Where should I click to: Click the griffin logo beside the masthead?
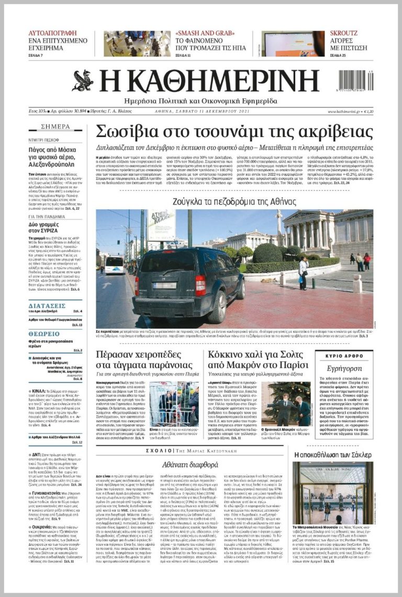[x=83, y=81]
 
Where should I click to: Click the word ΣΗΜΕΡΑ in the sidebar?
[x=55, y=127]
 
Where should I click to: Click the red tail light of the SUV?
[x=200, y=285]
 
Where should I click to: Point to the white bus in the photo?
[x=114, y=264]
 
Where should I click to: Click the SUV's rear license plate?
[x=164, y=286]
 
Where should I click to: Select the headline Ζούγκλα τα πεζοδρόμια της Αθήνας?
[x=234, y=201]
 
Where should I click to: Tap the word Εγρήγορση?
[x=344, y=368]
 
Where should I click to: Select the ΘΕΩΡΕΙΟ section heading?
[x=44, y=333]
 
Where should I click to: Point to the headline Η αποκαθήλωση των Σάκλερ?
[x=332, y=455]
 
